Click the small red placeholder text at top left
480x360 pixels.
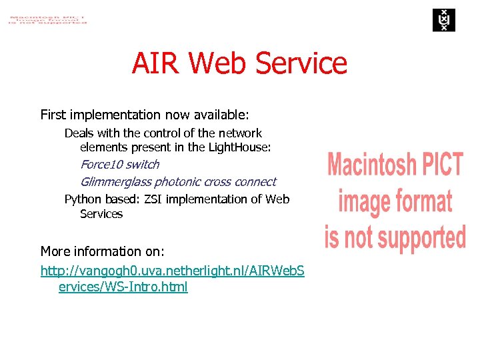click(47, 18)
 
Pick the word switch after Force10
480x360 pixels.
click(143, 164)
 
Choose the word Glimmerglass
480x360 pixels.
click(115, 181)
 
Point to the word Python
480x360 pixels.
click(83, 199)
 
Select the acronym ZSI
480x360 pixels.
click(153, 199)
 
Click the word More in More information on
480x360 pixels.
click(55, 251)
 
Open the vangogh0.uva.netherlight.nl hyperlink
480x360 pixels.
click(172, 271)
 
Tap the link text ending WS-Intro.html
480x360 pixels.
click(123, 287)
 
